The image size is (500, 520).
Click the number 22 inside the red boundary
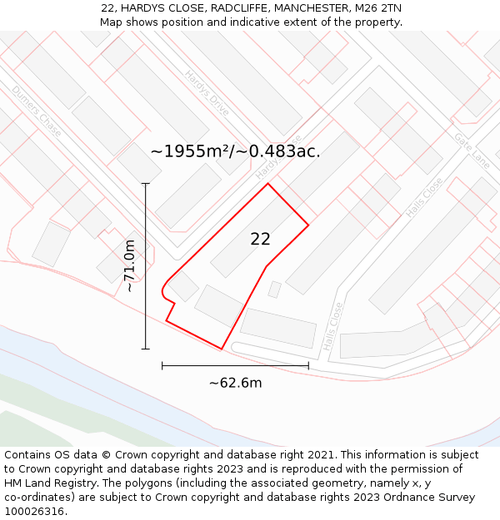click(260, 239)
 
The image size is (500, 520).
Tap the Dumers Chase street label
click(37, 111)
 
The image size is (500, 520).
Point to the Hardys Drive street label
click(207, 93)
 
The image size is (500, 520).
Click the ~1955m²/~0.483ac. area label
click(235, 151)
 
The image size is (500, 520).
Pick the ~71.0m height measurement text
click(130, 265)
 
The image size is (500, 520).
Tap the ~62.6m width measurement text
click(235, 383)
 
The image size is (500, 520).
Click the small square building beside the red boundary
click(274, 290)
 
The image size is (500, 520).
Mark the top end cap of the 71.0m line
click(146, 183)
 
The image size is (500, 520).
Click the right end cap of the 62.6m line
click(308, 365)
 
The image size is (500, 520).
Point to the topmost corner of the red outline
click(267, 184)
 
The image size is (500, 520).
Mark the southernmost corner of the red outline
click(222, 349)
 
